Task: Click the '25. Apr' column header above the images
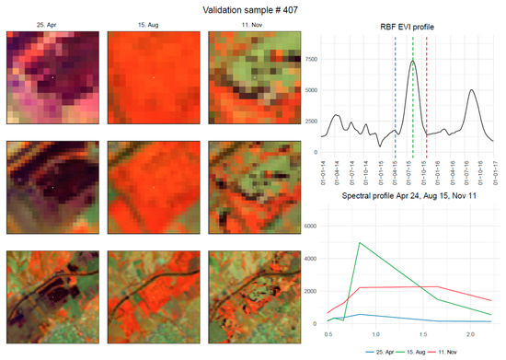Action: tap(52, 25)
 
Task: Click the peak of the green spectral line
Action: tap(358, 243)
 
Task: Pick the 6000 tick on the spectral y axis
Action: tap(309, 226)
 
